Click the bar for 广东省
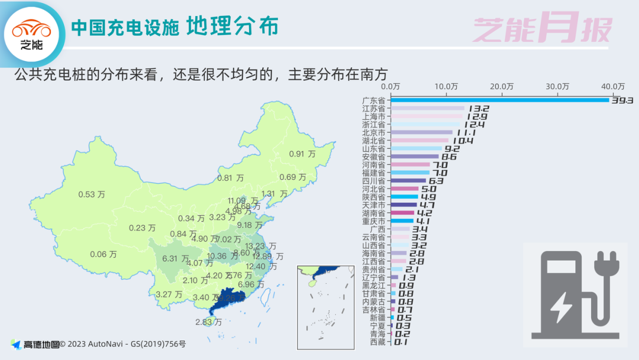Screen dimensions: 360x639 tap(500, 100)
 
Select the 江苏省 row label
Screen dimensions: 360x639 tap(373, 108)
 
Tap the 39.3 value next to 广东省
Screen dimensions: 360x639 tap(622, 101)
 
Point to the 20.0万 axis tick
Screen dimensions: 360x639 tap(501, 86)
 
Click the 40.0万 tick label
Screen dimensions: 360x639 tap(613, 86)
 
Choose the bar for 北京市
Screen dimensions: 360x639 tap(421, 133)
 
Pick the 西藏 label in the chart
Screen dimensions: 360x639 tap(377, 342)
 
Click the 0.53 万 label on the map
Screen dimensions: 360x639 tap(91, 194)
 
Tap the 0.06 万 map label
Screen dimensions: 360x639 tap(103, 254)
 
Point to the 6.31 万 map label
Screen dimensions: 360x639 tap(175, 259)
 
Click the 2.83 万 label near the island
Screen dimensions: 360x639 tap(208, 322)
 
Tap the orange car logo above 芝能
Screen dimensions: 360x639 tap(31, 28)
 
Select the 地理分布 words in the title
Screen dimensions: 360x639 tap(232, 27)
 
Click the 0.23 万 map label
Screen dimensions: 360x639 tap(142, 228)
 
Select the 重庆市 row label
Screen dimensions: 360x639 tap(373, 221)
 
